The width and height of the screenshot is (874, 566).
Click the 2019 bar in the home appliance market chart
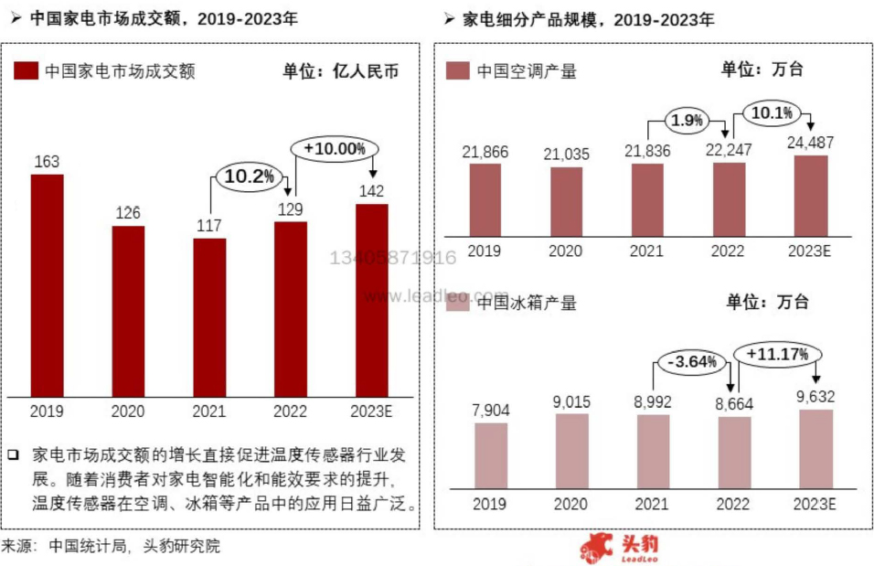[48, 285]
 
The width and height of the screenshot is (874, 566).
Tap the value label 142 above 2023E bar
[371, 191]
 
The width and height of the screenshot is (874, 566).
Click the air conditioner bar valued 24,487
[809, 195]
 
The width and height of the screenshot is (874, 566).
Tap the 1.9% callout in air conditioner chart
[687, 120]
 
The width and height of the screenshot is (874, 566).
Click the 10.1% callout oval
[773, 112]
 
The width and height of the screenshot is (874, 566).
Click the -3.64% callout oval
[691, 363]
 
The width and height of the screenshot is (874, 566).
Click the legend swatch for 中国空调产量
[457, 71]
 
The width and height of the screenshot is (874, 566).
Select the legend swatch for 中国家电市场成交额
[27, 71]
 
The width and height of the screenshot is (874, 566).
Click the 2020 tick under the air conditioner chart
[566, 251]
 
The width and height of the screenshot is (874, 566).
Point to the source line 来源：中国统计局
[110, 547]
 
